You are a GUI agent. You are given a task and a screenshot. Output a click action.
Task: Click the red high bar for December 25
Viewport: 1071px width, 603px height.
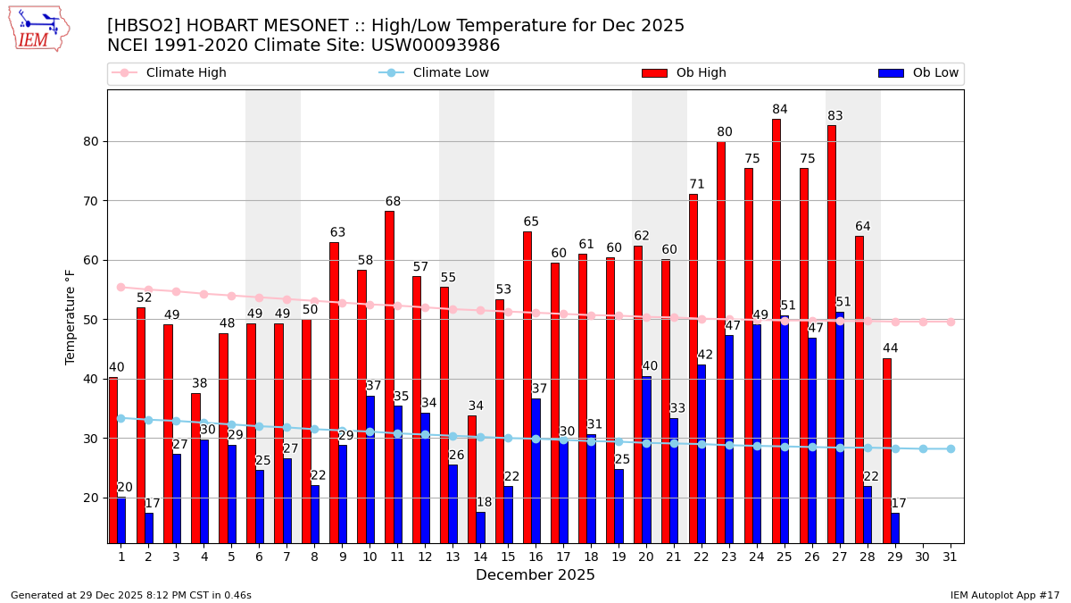776,331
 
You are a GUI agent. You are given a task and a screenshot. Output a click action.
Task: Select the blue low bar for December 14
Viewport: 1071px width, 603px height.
481,527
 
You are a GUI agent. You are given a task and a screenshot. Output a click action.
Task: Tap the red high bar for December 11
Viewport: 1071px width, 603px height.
389,375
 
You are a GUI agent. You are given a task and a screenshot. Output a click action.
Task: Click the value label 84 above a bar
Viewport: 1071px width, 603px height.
780,110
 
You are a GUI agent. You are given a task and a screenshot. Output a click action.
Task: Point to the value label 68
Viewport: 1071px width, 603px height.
393,202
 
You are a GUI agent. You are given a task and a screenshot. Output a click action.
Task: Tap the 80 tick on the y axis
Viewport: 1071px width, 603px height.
94,141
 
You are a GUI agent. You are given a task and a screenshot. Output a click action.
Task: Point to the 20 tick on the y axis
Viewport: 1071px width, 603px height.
94,498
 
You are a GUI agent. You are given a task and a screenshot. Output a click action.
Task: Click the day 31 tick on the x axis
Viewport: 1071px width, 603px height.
951,557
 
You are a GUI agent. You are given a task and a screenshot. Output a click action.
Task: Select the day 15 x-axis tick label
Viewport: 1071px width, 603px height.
508,557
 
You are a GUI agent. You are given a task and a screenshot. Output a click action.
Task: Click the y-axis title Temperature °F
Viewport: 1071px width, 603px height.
71,316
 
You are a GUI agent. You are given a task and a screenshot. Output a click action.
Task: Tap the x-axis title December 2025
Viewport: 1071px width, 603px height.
535,575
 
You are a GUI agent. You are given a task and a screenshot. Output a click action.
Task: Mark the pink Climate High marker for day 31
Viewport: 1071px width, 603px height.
951,322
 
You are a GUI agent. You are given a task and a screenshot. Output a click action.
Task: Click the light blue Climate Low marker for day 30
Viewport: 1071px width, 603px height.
923,448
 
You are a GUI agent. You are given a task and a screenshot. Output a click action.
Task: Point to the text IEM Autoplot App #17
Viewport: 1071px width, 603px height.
1005,595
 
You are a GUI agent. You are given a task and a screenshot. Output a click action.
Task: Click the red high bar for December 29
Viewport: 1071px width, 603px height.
887,450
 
